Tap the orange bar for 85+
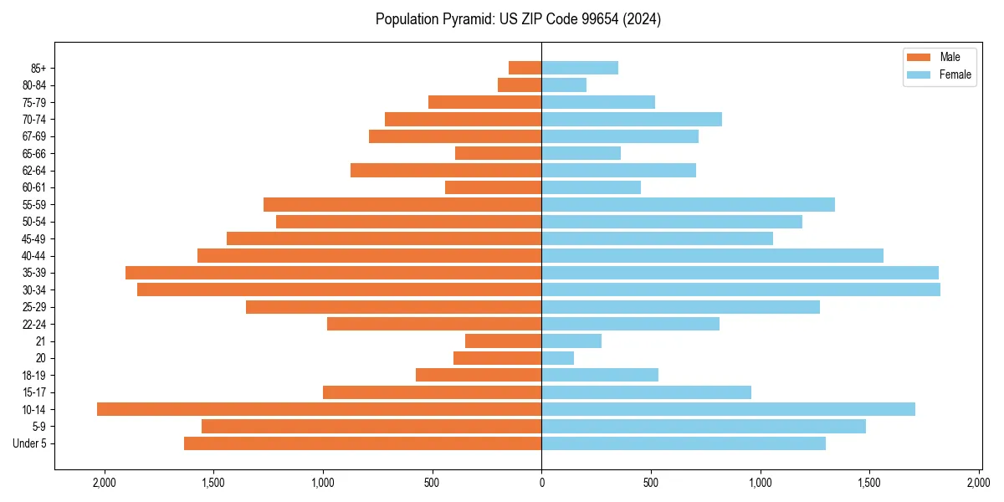pos(525,68)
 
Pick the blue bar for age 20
pos(557,358)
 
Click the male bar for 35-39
pos(333,273)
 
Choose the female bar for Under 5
pos(683,443)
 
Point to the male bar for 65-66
pos(498,153)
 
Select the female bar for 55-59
pos(688,204)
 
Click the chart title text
pos(518,19)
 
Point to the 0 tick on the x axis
pos(541,483)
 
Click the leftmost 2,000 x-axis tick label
pos(105,483)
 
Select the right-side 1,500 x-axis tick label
pos(869,483)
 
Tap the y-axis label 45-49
pos(34,238)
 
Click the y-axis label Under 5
pos(29,443)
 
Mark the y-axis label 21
pos(41,341)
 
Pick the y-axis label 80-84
pos(34,85)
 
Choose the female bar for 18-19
pos(599,375)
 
